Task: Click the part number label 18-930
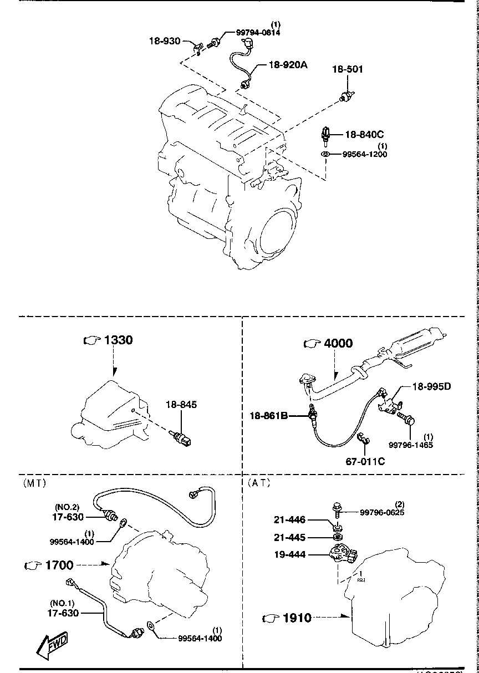[x=164, y=40]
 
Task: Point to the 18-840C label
[x=364, y=134]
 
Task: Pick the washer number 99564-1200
[x=365, y=154]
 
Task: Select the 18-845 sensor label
[x=181, y=405]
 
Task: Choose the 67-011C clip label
[x=365, y=461]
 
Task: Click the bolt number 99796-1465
[x=411, y=445]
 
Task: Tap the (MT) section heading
[x=34, y=483]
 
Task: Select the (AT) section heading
[x=259, y=483]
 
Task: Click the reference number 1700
[x=59, y=565]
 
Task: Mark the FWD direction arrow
[x=51, y=644]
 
